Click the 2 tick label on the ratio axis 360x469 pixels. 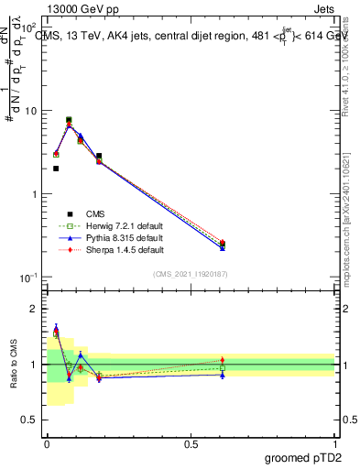[34, 309]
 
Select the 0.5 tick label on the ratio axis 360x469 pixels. [28, 420]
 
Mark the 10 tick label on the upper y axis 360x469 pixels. [29, 111]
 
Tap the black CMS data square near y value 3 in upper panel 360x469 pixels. [99, 156]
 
